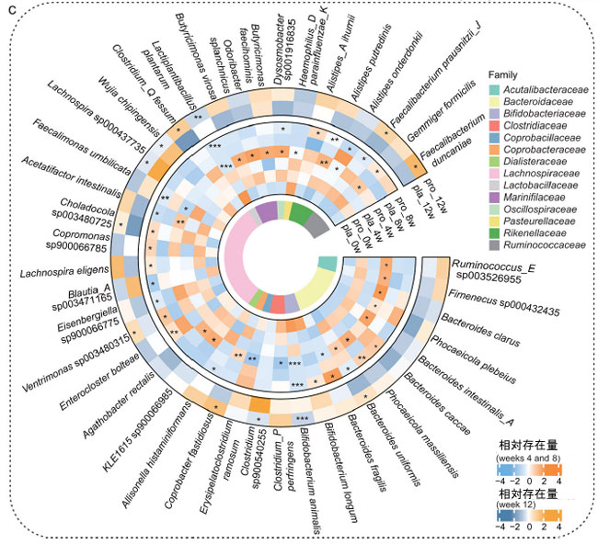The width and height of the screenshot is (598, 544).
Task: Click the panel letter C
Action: tap(10, 10)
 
